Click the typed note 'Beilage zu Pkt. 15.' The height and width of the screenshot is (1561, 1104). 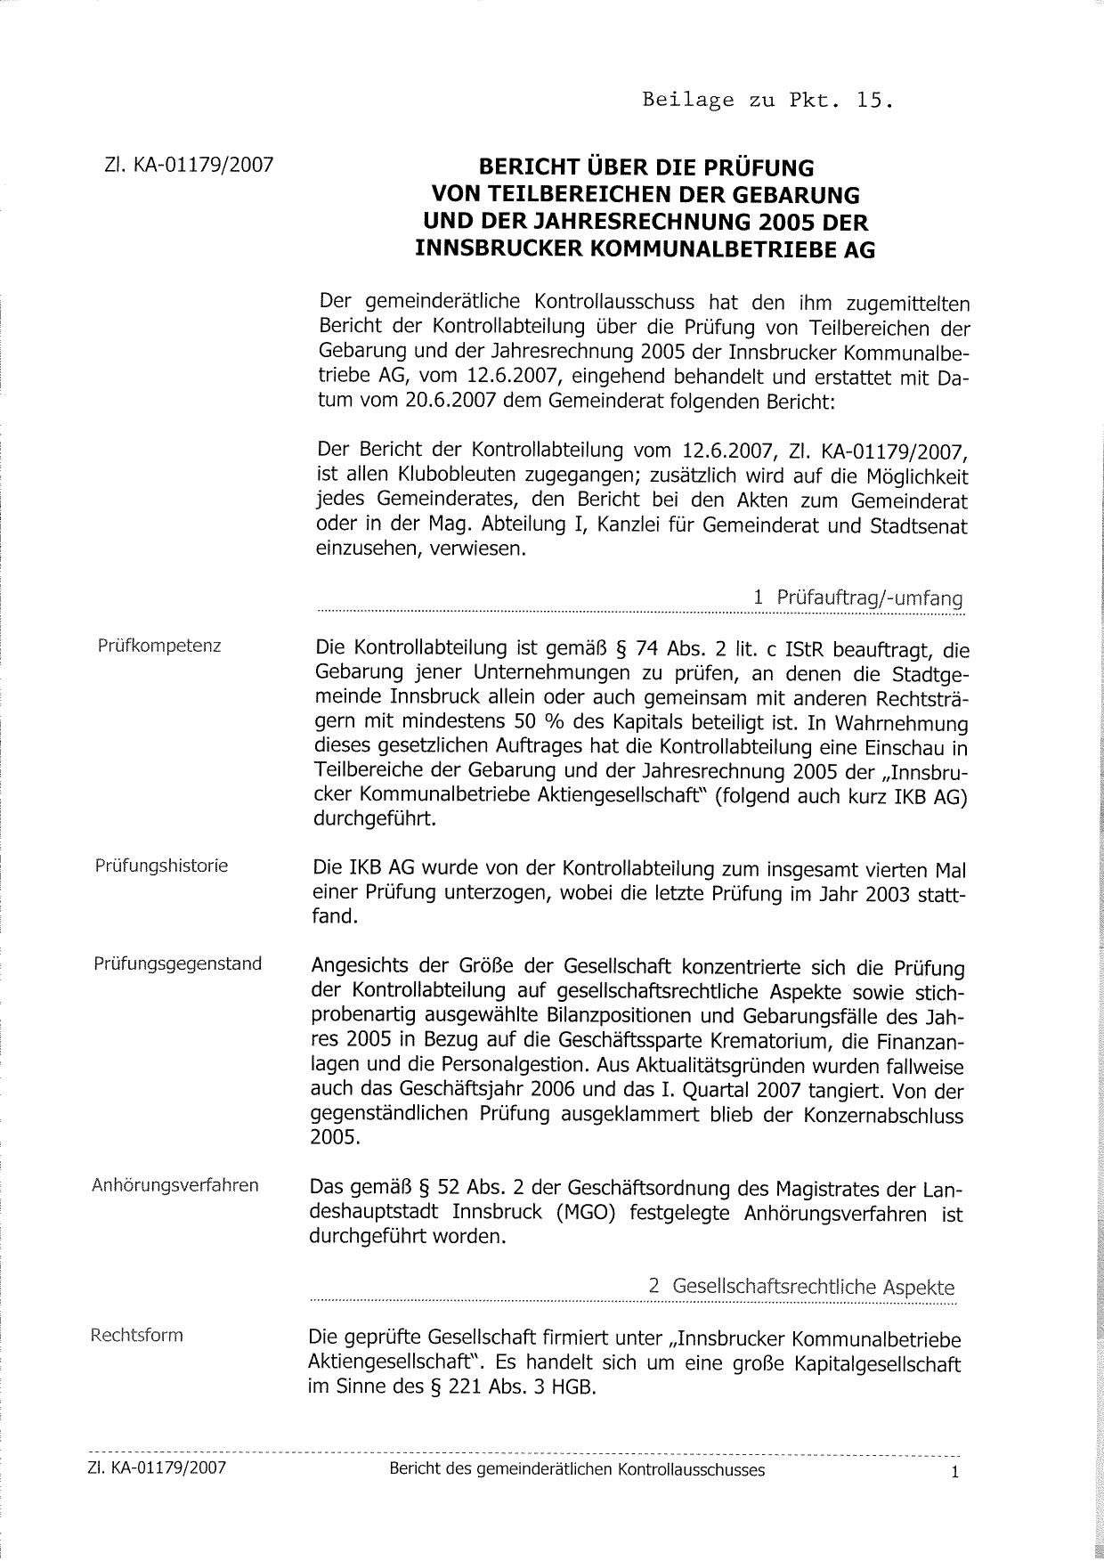pyautogui.click(x=767, y=100)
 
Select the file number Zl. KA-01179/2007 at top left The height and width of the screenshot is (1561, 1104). pyautogui.click(x=189, y=165)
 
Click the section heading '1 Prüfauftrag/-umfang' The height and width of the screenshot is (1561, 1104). pyautogui.click(x=857, y=598)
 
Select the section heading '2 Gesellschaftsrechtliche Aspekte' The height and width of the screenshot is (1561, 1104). pyautogui.click(x=801, y=1287)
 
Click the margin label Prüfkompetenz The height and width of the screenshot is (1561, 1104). pyautogui.click(x=159, y=646)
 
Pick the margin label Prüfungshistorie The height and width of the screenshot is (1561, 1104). pyautogui.click(x=161, y=866)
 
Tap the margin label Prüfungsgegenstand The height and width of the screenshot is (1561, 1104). pyautogui.click(x=177, y=963)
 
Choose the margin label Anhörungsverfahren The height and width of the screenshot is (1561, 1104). pyautogui.click(x=175, y=1185)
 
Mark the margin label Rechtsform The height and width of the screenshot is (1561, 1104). pyautogui.click(x=136, y=1336)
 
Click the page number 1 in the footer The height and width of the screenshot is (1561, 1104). pyautogui.click(x=954, y=1473)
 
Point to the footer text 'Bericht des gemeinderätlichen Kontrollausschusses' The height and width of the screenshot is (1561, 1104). pyautogui.click(x=577, y=1470)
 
